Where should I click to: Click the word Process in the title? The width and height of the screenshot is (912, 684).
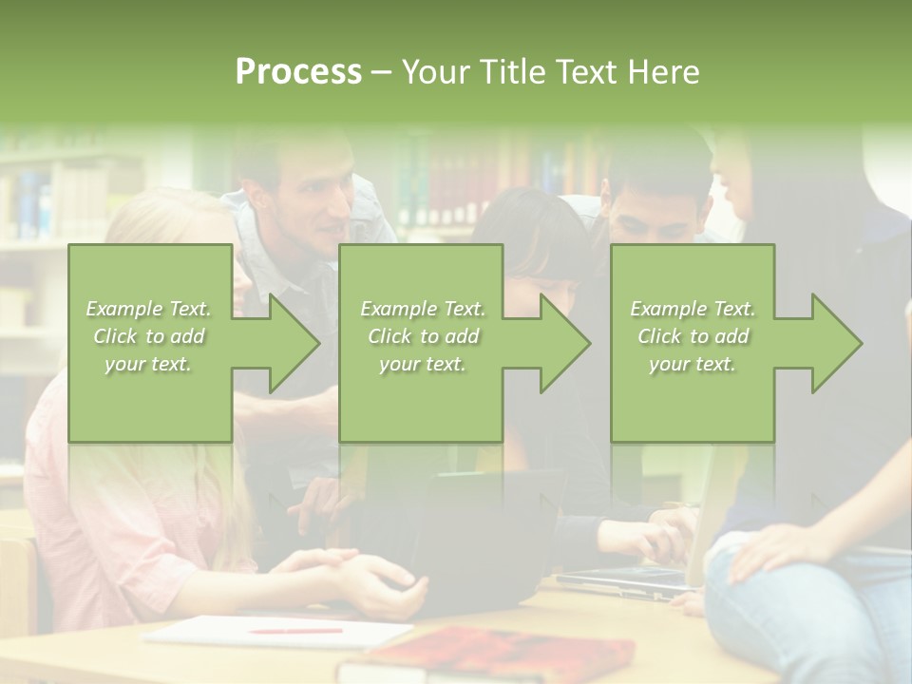click(298, 72)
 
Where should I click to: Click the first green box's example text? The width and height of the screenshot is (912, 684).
click(149, 336)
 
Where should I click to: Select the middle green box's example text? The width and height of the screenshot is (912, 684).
click(423, 336)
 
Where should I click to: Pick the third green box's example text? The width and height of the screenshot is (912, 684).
click(693, 336)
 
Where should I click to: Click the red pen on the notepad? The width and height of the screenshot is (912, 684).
click(294, 630)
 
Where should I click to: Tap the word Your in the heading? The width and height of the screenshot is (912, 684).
click(438, 72)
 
